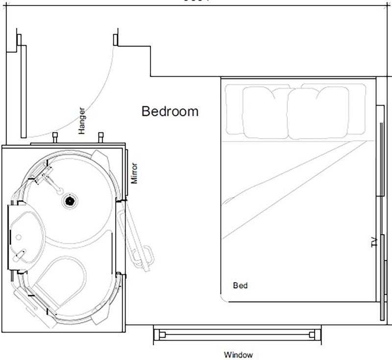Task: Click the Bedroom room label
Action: (170, 111)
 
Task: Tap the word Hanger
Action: (82, 120)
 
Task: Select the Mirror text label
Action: (136, 173)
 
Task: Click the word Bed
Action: (240, 285)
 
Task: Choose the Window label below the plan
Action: (238, 355)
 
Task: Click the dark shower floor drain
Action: (70, 200)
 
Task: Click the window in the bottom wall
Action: (238, 335)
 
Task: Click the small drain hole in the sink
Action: (18, 237)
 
